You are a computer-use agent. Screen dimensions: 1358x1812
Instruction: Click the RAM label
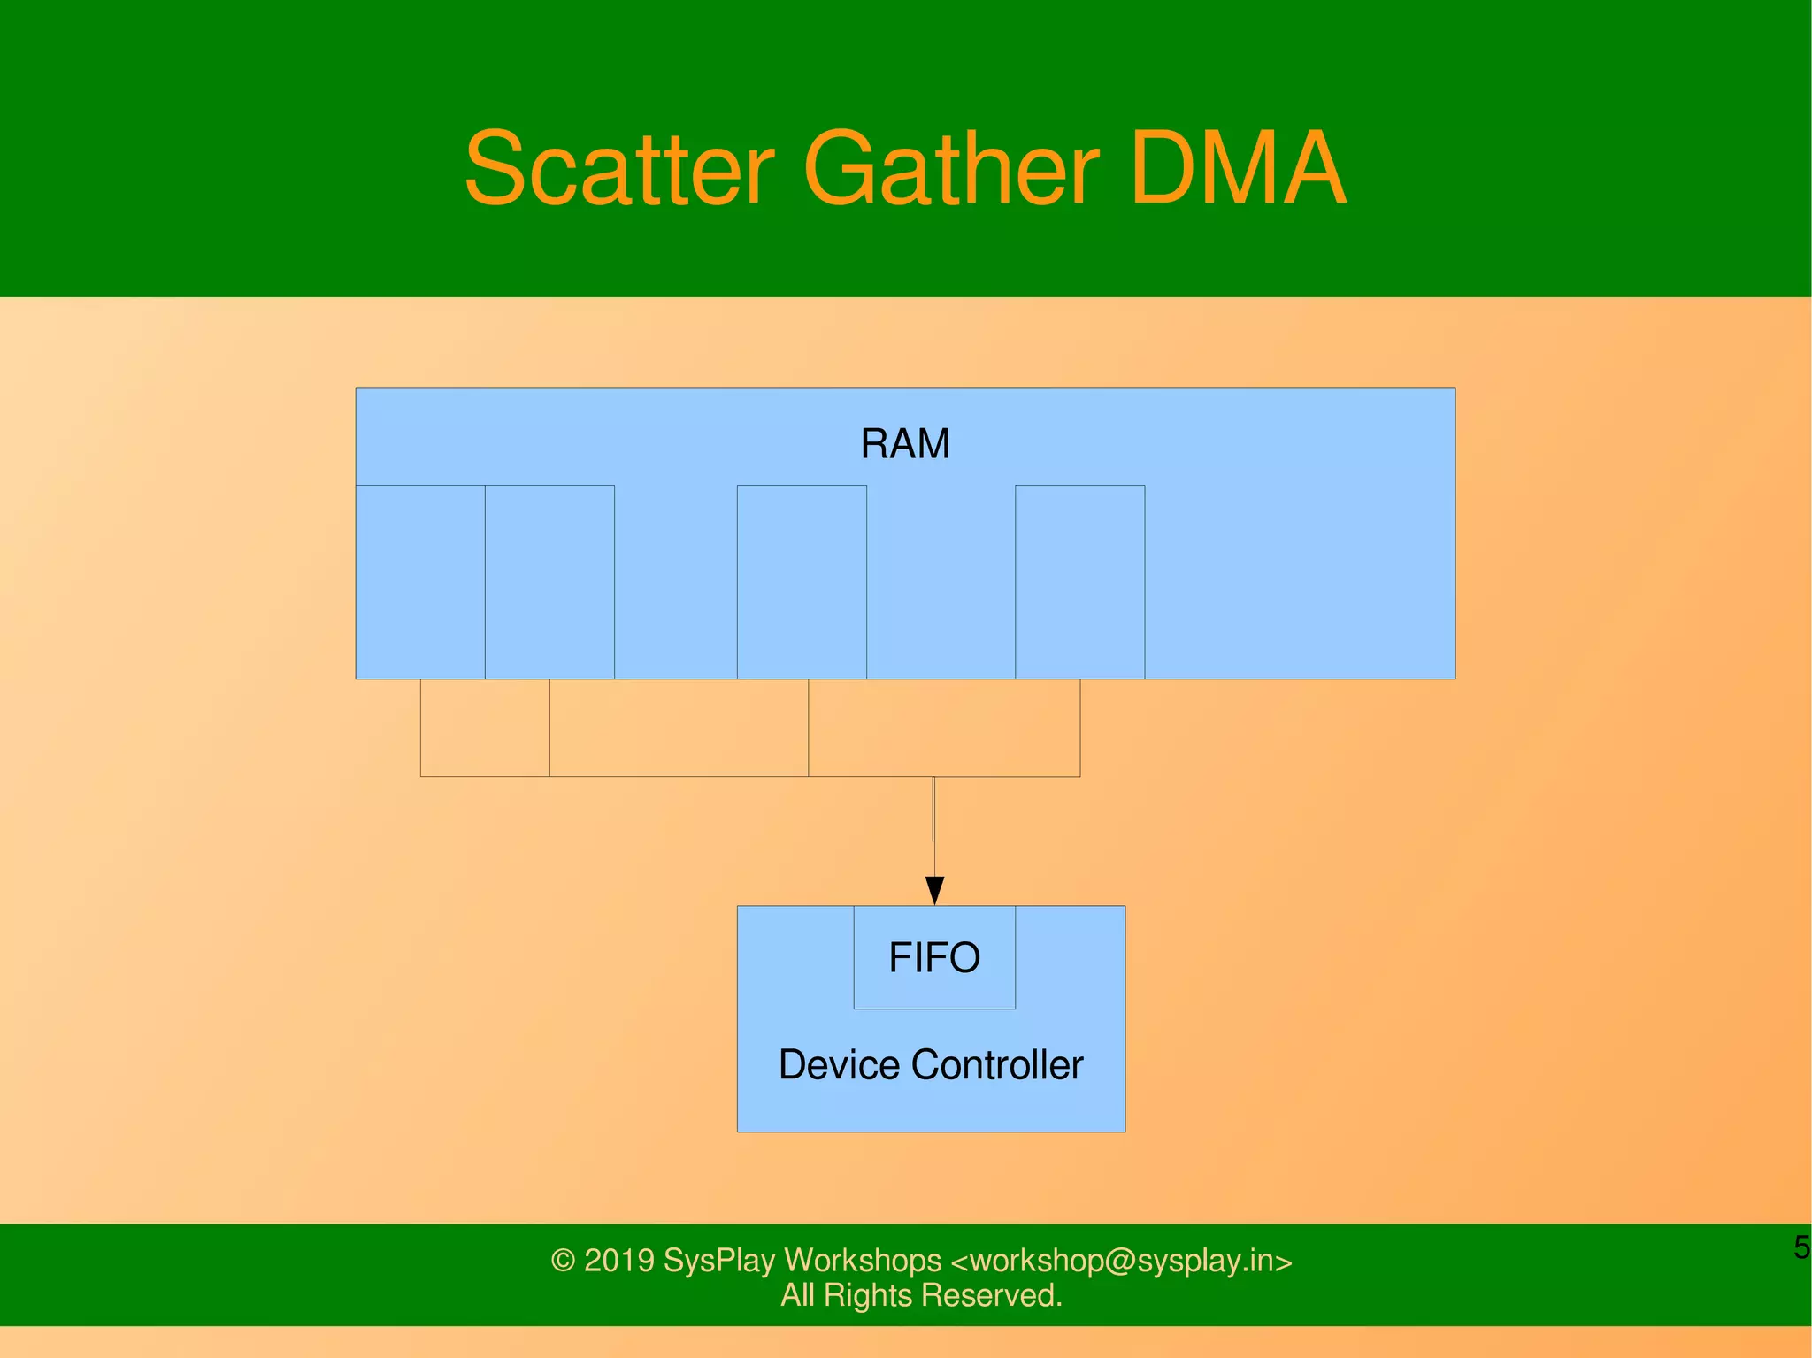[905, 443]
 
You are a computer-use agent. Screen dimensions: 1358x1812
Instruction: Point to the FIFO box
[934, 957]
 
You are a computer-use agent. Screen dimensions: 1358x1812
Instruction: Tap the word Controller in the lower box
[997, 1064]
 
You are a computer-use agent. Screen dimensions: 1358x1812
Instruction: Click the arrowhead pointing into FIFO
[934, 890]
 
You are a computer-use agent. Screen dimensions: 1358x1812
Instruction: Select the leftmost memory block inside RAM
[420, 581]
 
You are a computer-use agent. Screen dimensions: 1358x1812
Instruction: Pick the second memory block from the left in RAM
[549, 581]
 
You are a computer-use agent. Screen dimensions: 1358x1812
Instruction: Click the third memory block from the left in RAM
[802, 581]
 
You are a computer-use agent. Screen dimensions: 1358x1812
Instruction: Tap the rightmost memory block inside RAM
[1079, 581]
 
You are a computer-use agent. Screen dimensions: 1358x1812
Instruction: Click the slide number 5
[1801, 1247]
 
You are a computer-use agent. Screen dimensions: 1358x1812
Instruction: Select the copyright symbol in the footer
[563, 1261]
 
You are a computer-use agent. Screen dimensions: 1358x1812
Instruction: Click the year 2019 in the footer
[619, 1261]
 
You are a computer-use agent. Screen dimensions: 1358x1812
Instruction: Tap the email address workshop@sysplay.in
[1121, 1261]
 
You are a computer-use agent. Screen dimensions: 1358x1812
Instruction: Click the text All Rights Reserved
[921, 1295]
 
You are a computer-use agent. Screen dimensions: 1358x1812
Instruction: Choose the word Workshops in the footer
[863, 1261]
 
